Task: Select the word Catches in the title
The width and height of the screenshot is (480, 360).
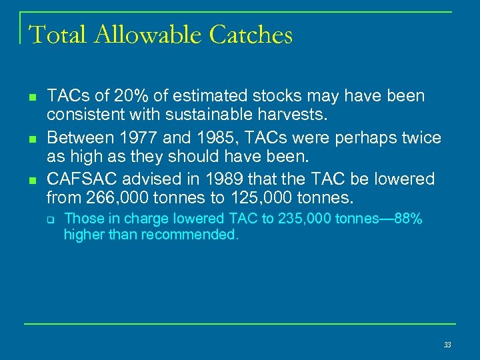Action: point(251,35)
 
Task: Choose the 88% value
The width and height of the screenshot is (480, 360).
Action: point(408,219)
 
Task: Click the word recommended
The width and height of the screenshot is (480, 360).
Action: point(191,235)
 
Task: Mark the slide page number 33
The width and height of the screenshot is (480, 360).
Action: point(447,345)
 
